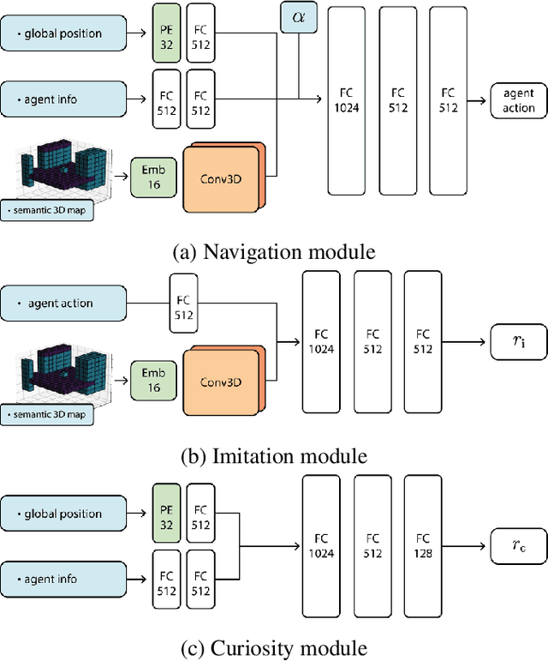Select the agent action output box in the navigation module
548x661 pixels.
coord(519,100)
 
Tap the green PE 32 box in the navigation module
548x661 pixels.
coord(166,33)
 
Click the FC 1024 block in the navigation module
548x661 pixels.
coord(347,101)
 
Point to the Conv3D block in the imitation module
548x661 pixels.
coord(222,382)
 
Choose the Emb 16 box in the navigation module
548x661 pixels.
coord(153,177)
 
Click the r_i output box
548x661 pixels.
coord(519,342)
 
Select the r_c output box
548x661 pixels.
coord(519,546)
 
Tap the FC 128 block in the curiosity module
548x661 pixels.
coord(423,546)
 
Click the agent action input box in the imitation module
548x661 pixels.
coord(63,303)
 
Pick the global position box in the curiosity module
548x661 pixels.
coord(63,513)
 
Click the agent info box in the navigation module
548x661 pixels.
coord(63,99)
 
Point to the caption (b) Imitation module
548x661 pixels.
coord(274,456)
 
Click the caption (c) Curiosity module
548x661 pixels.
coord(274,648)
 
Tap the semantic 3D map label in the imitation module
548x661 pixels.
coord(47,414)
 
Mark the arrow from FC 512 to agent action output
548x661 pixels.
coord(477,100)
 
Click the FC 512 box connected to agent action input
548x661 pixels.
coord(183,303)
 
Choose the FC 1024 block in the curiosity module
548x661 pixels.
coord(321,546)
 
